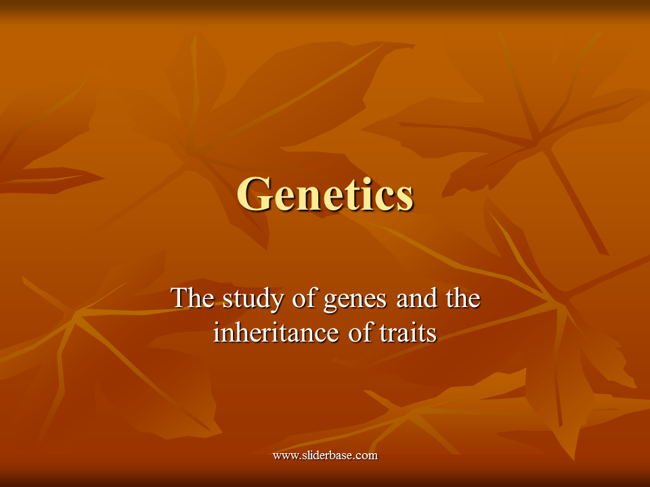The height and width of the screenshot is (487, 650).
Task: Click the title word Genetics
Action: [326, 194]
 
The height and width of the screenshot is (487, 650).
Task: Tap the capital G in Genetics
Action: [253, 194]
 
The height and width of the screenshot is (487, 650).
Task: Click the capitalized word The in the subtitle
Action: [192, 298]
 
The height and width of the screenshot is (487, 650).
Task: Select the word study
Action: [253, 299]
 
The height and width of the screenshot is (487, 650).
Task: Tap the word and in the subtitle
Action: [416, 298]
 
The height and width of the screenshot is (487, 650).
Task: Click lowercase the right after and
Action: [462, 298]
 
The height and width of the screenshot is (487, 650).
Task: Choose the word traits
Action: [408, 333]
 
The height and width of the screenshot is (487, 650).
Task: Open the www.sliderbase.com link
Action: [326, 455]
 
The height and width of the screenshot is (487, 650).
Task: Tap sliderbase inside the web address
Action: [329, 455]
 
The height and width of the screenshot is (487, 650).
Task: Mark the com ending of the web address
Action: [368, 457]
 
